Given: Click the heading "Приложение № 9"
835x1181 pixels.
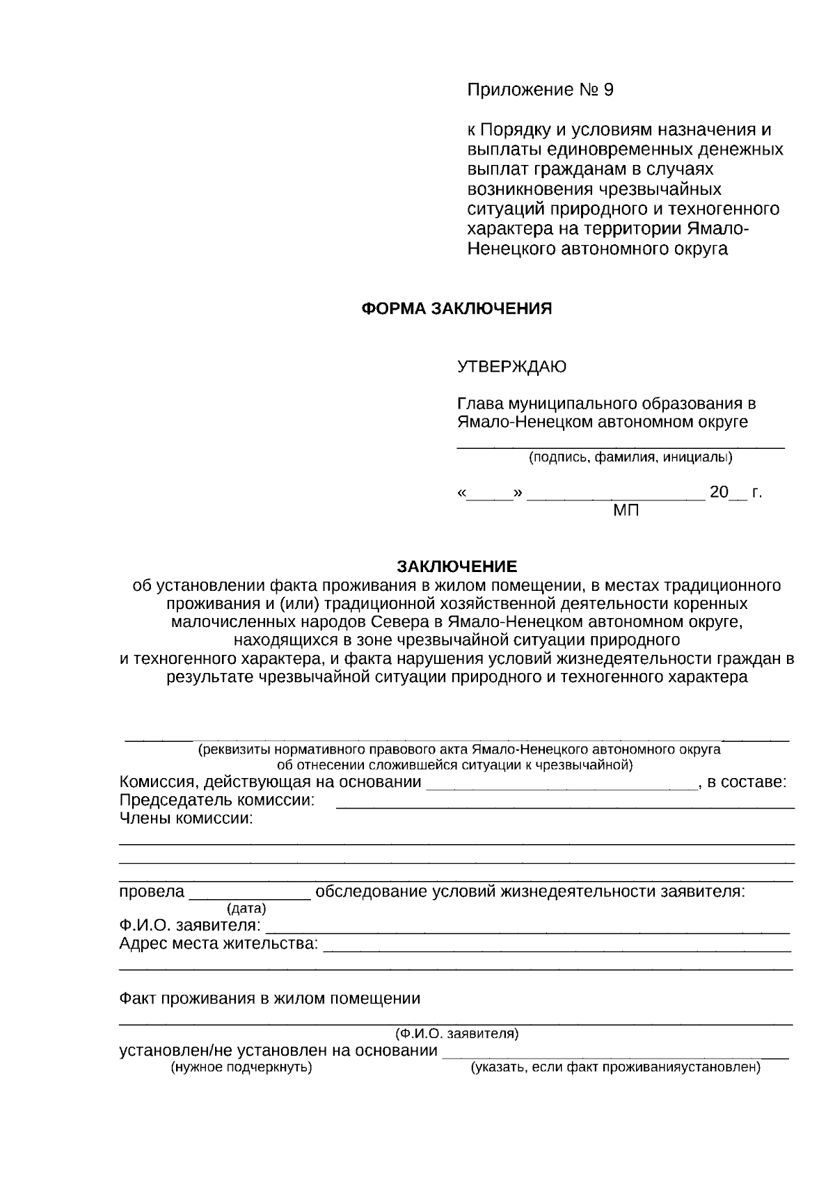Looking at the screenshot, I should (540, 90).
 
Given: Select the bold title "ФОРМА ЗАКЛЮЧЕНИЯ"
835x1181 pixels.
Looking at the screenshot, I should (456, 309).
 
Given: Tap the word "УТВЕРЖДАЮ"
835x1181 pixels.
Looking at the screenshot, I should (511, 366).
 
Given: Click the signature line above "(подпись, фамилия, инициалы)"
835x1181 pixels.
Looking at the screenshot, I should (620, 446).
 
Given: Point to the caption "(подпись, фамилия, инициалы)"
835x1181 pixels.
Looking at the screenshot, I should (630, 458).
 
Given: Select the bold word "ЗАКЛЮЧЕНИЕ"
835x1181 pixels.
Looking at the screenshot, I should (457, 566).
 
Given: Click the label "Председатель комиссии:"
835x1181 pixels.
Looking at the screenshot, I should (217, 800).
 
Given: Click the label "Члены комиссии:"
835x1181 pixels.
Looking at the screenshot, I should (186, 818).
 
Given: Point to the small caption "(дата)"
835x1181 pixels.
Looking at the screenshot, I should (246, 908).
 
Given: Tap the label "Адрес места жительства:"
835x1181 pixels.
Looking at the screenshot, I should (218, 944).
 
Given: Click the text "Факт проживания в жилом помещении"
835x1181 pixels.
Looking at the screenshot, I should (270, 999).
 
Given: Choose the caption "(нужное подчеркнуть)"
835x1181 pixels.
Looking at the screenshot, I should (241, 1068).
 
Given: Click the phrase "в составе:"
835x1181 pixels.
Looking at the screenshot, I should (747, 782).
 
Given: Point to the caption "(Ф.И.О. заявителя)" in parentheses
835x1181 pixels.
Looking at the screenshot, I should (456, 1033).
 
